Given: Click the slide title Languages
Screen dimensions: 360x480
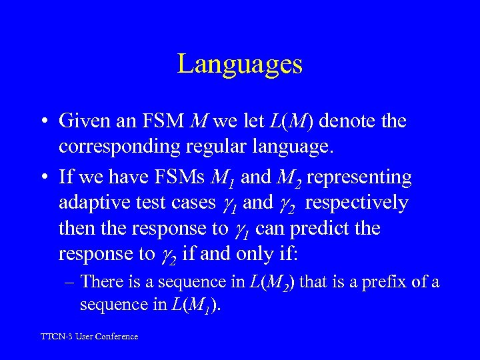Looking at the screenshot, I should coord(240,64).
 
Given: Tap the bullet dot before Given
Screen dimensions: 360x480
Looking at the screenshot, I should coord(42,121).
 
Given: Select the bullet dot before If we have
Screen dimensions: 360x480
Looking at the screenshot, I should coord(42,177).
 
